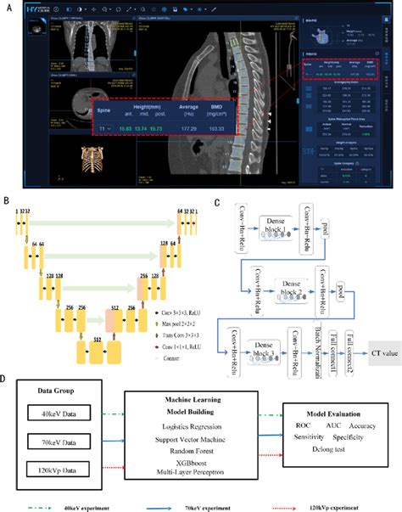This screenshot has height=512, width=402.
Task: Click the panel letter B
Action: pos(6,203)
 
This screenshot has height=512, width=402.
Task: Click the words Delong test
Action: pos(327,467)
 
